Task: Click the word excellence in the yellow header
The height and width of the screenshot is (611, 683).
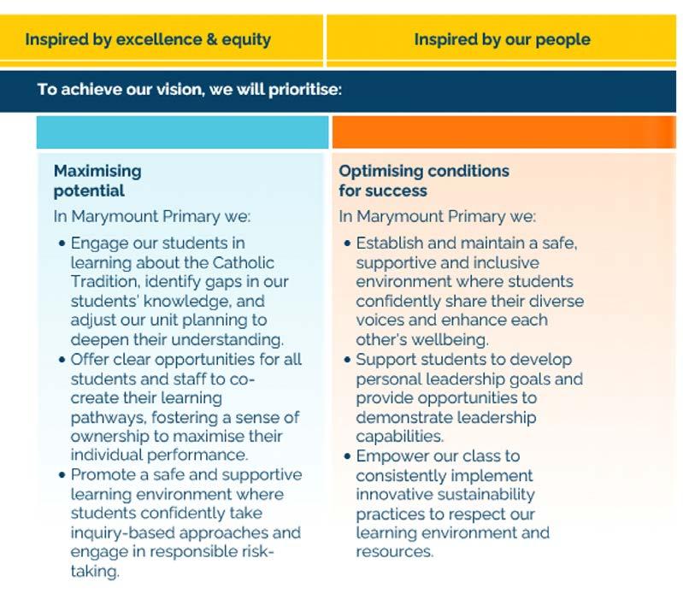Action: [160, 39]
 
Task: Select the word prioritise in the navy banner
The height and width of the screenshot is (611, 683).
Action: [305, 89]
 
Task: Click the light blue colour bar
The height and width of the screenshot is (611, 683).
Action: [183, 132]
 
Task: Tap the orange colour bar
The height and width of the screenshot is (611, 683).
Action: [504, 132]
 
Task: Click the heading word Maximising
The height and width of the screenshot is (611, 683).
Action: [97, 171]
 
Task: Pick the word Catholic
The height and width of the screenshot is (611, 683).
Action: [244, 262]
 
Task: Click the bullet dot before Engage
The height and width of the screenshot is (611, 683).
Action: [62, 244]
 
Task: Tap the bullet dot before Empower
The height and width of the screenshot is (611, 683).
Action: [347, 456]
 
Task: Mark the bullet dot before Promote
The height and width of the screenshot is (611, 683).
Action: [62, 474]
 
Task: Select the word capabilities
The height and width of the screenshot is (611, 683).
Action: [399, 437]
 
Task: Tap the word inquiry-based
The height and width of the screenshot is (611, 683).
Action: [122, 533]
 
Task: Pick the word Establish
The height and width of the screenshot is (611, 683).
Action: [390, 243]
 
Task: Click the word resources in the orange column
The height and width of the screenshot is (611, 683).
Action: [395, 552]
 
